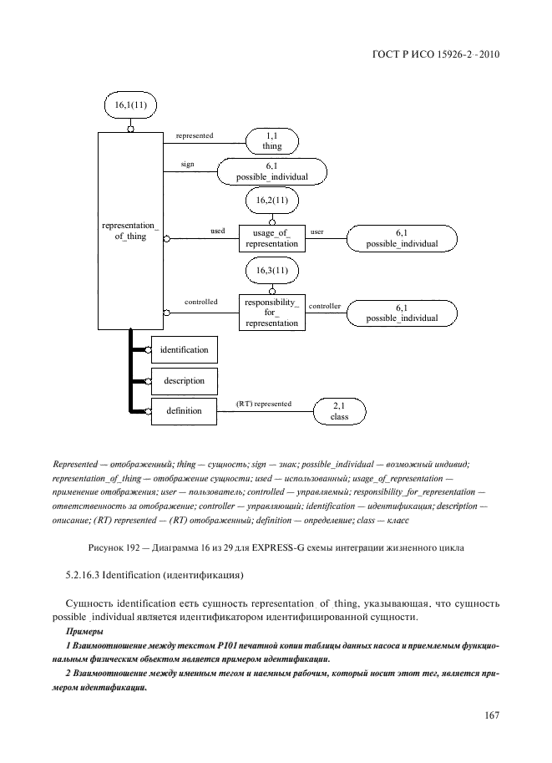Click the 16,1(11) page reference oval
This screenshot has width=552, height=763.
click(x=129, y=106)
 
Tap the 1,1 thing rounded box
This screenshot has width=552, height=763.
click(x=272, y=140)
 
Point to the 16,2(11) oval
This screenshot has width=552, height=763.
click(x=272, y=200)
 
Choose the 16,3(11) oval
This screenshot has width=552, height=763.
click(x=272, y=271)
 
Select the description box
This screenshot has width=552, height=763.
click(x=184, y=380)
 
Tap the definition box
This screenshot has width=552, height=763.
click(x=184, y=410)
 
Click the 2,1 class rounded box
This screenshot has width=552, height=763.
click(x=339, y=410)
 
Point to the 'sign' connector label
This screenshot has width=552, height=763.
click(x=187, y=165)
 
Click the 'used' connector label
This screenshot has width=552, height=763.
click(x=218, y=230)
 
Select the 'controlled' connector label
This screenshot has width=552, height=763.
click(x=200, y=302)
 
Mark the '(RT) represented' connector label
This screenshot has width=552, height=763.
click(x=264, y=404)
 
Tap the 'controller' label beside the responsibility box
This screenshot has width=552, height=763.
click(x=325, y=307)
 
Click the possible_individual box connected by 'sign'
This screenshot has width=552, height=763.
click(x=272, y=172)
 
